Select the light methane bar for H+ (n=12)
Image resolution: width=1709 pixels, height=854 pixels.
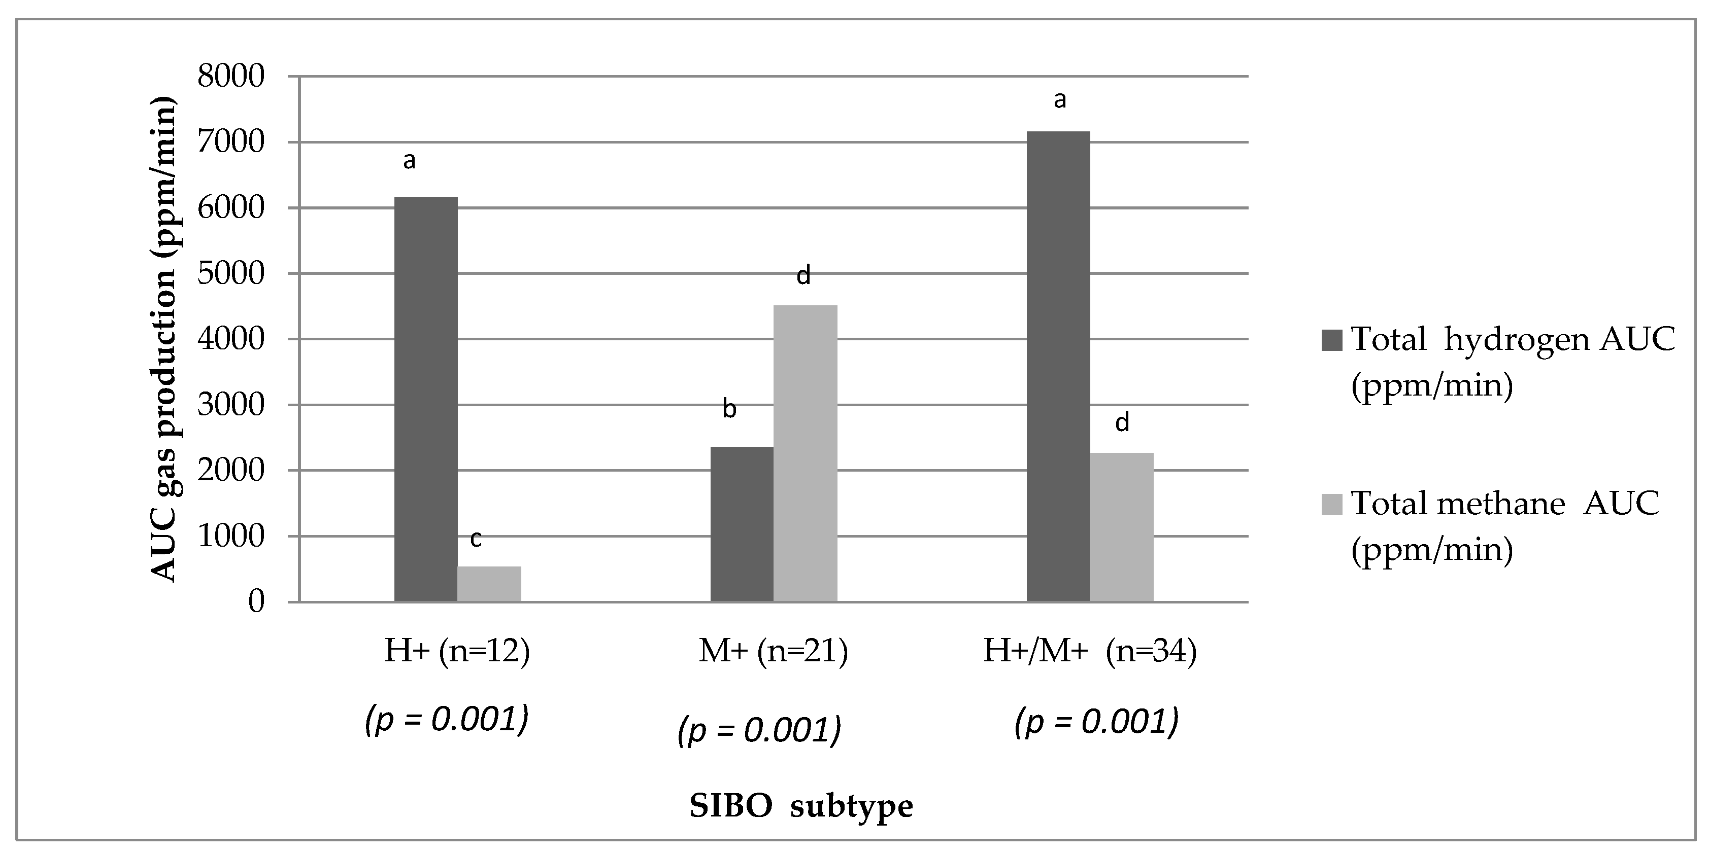[489, 584]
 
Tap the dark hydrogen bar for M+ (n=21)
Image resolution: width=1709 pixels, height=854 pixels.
[742, 524]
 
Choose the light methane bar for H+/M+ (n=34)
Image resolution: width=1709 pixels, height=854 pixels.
[1122, 527]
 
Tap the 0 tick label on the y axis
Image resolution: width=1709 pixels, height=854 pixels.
[256, 602]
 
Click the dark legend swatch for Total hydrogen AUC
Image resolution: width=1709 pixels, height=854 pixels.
[1331, 339]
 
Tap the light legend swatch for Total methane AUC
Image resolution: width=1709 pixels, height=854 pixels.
[1331, 504]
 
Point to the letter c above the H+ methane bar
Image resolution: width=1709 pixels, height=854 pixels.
[476, 539]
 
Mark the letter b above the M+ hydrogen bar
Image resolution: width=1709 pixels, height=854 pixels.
[729, 409]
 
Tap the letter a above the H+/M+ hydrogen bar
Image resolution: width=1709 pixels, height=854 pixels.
[1059, 100]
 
